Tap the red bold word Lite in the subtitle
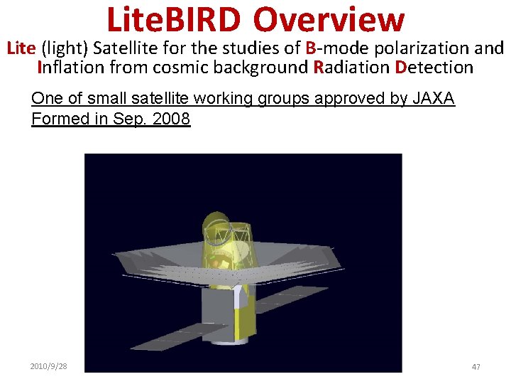[21, 48]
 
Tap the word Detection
[434, 68]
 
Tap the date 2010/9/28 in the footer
[49, 366]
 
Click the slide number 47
[476, 366]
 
